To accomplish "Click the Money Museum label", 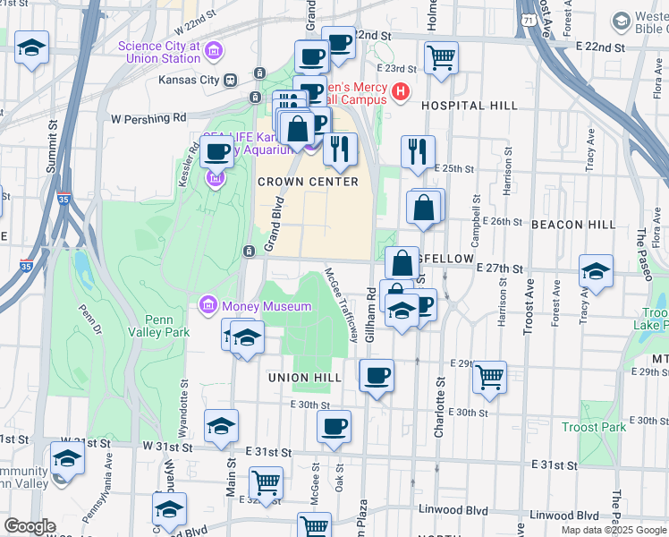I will (x=266, y=307).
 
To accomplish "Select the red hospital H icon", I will (x=401, y=91).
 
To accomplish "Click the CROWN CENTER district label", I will (x=308, y=182).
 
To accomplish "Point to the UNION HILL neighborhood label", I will (x=305, y=378).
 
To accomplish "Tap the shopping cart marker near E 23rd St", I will (x=442, y=58).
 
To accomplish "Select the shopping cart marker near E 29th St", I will (x=489, y=378).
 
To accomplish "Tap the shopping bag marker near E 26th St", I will (x=424, y=208).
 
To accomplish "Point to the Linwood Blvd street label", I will (x=563, y=516).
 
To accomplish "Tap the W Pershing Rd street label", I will (x=148, y=117).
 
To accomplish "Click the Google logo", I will (x=30, y=526).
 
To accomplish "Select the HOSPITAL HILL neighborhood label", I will (x=469, y=106).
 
